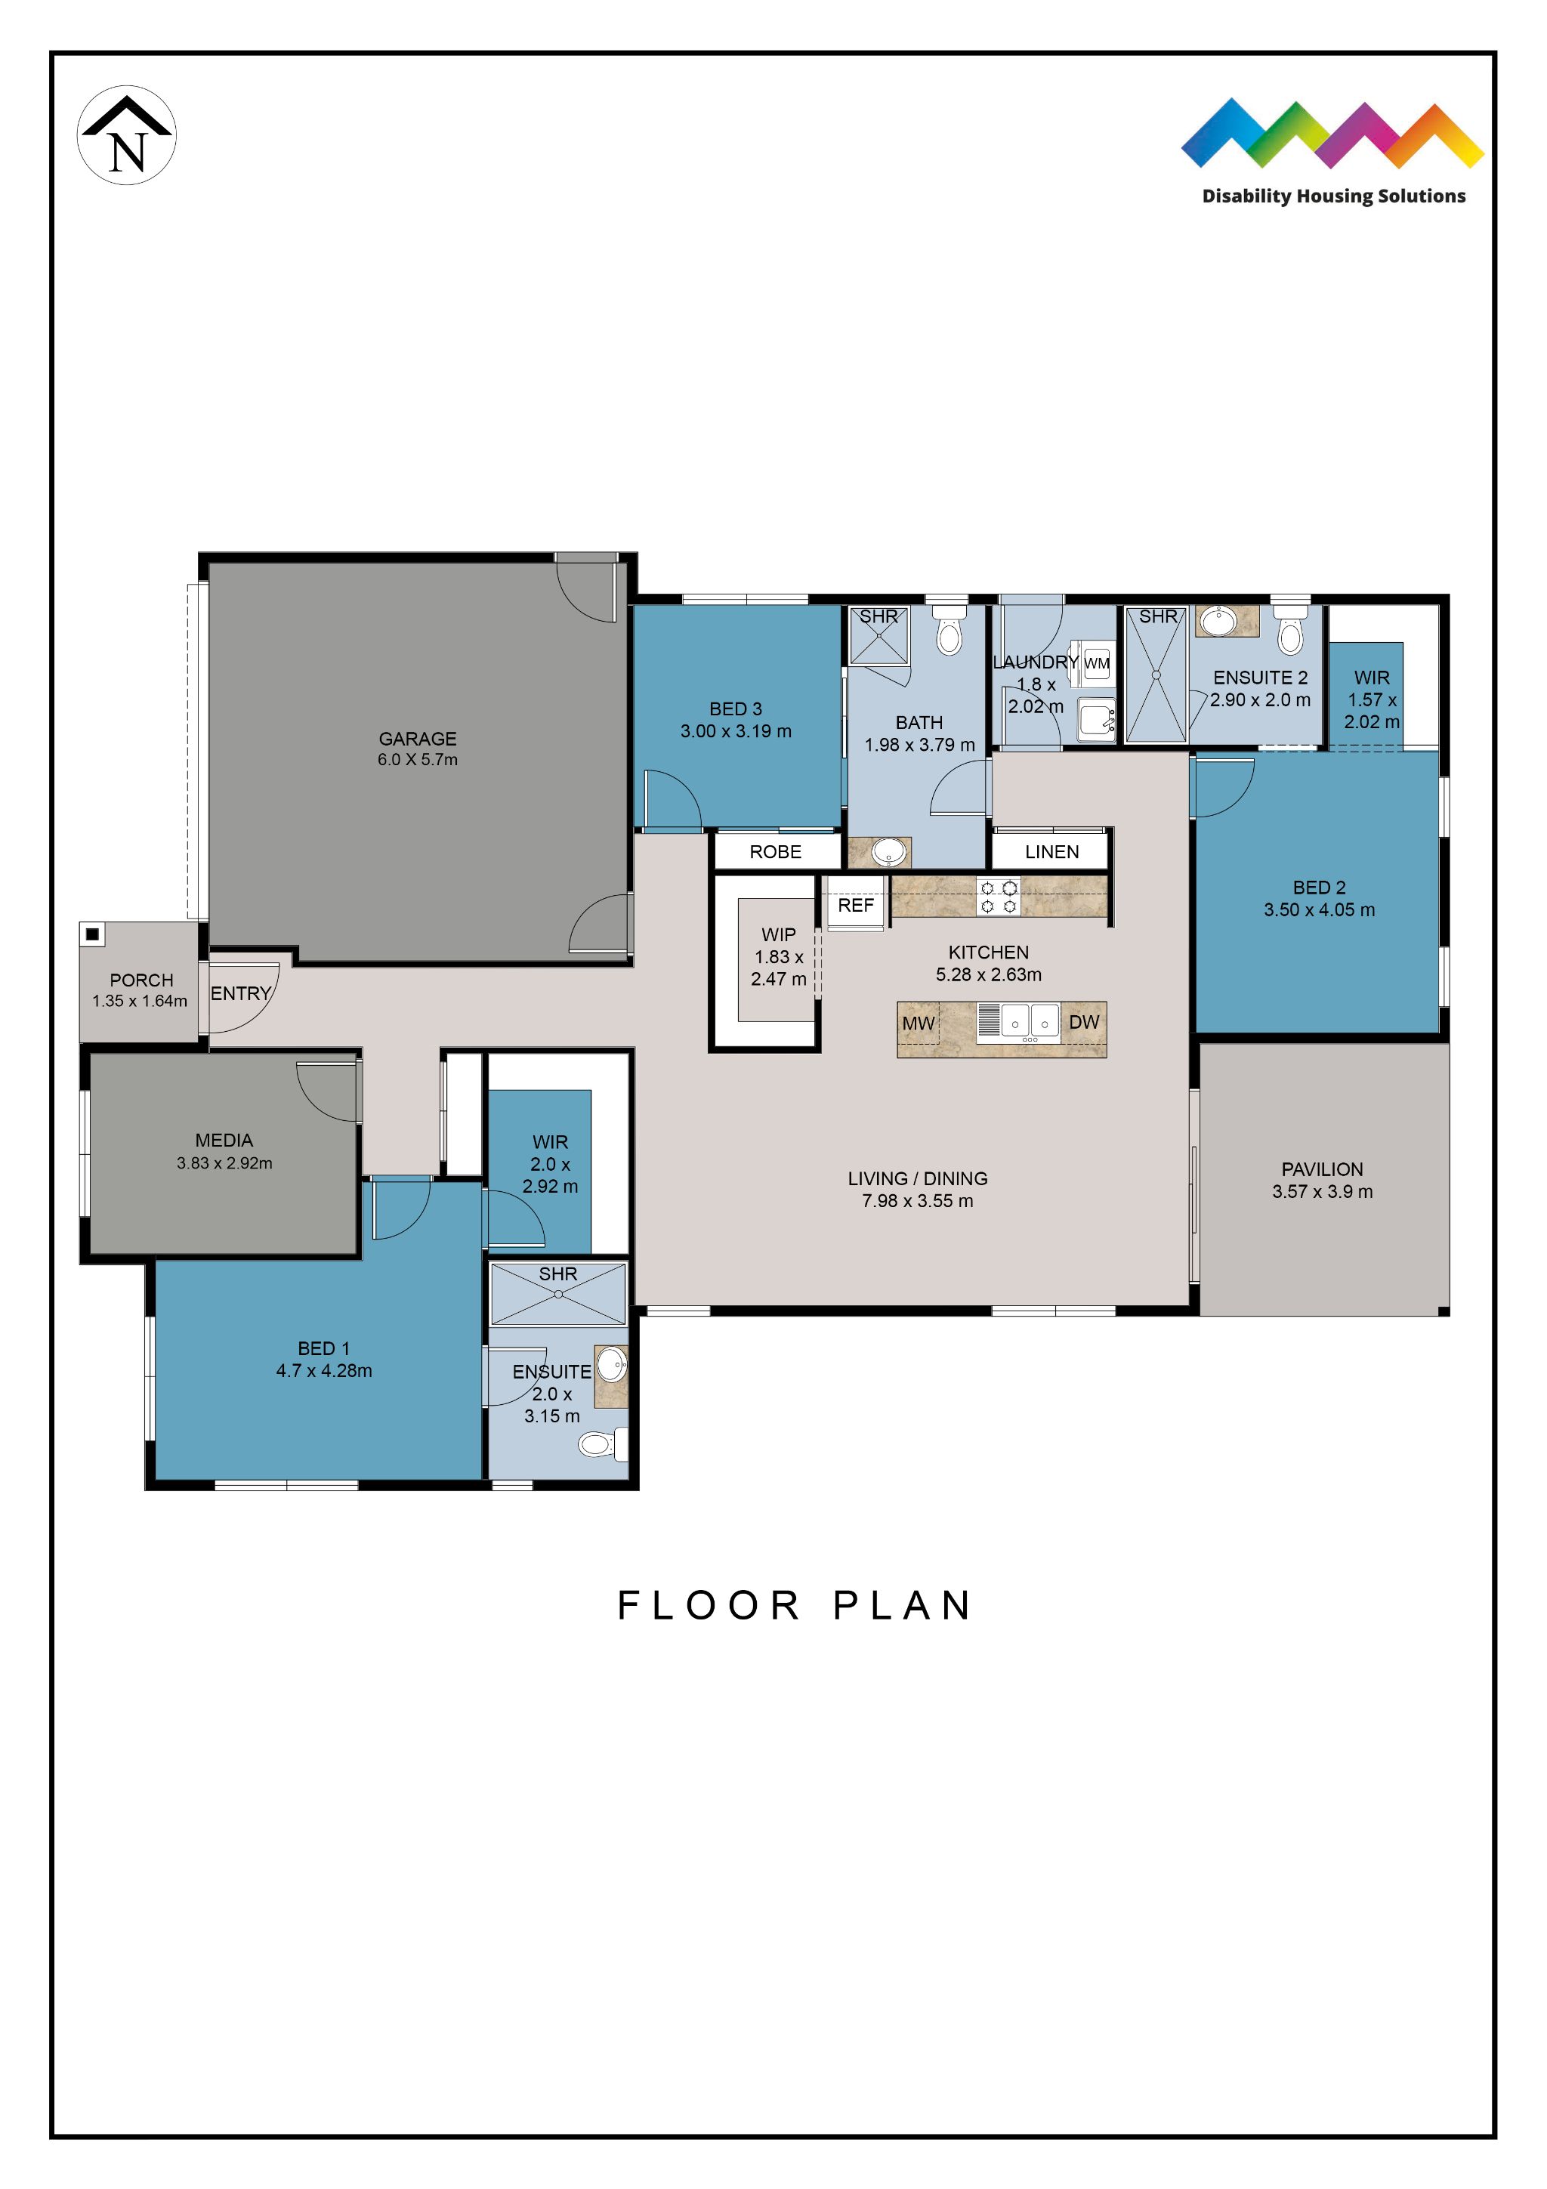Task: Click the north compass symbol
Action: pyautogui.click(x=126, y=135)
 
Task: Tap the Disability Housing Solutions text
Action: pyautogui.click(x=1332, y=196)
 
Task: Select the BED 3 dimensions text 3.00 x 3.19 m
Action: pyautogui.click(x=735, y=731)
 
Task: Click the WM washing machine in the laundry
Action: pyautogui.click(x=1096, y=663)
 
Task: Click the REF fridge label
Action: pyautogui.click(x=855, y=905)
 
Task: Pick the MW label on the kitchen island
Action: pyautogui.click(x=918, y=1023)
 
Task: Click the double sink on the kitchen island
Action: pyautogui.click(x=1030, y=1021)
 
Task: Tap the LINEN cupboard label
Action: pyautogui.click(x=1051, y=851)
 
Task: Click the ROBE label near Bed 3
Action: pyautogui.click(x=775, y=851)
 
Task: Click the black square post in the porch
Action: pyautogui.click(x=92, y=934)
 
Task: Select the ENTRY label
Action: pyautogui.click(x=240, y=993)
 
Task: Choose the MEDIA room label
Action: pyautogui.click(x=224, y=1141)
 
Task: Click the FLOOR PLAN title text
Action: pyautogui.click(x=794, y=1606)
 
